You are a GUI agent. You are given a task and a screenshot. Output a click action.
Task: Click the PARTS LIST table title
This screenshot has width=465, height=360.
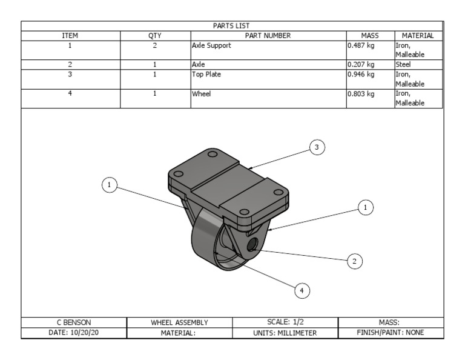[x=232, y=25]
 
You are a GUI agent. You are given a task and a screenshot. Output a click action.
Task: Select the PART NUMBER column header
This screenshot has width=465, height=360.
[x=268, y=36]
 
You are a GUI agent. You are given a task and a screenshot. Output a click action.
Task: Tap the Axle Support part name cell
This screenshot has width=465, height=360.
[x=211, y=45]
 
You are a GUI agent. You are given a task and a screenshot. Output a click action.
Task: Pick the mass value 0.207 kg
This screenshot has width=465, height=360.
[x=361, y=64]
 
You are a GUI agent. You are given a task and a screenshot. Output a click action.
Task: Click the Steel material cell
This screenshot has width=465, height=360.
[x=404, y=64]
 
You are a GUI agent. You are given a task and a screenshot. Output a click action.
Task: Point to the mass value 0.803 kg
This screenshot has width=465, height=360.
[x=361, y=94]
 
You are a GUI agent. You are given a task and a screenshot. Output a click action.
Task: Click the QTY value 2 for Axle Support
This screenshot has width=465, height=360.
[x=155, y=45]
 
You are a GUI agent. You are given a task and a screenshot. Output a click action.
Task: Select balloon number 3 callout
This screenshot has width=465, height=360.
[x=317, y=147]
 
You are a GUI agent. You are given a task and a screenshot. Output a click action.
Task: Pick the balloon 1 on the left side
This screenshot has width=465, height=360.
[x=109, y=185]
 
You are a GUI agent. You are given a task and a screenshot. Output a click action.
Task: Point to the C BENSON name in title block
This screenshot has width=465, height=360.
[x=73, y=322]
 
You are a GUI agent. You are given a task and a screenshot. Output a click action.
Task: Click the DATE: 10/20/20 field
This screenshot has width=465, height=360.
[x=73, y=333]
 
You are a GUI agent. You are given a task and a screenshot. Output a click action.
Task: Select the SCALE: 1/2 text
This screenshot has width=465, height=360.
[x=285, y=322]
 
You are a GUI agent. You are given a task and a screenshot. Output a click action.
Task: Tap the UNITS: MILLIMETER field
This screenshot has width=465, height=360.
[x=285, y=333]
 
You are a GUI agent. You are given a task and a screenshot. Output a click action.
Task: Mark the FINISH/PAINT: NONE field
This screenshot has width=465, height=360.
[x=390, y=333]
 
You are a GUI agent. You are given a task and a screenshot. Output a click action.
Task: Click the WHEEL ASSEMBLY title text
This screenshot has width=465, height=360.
[x=179, y=322]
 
